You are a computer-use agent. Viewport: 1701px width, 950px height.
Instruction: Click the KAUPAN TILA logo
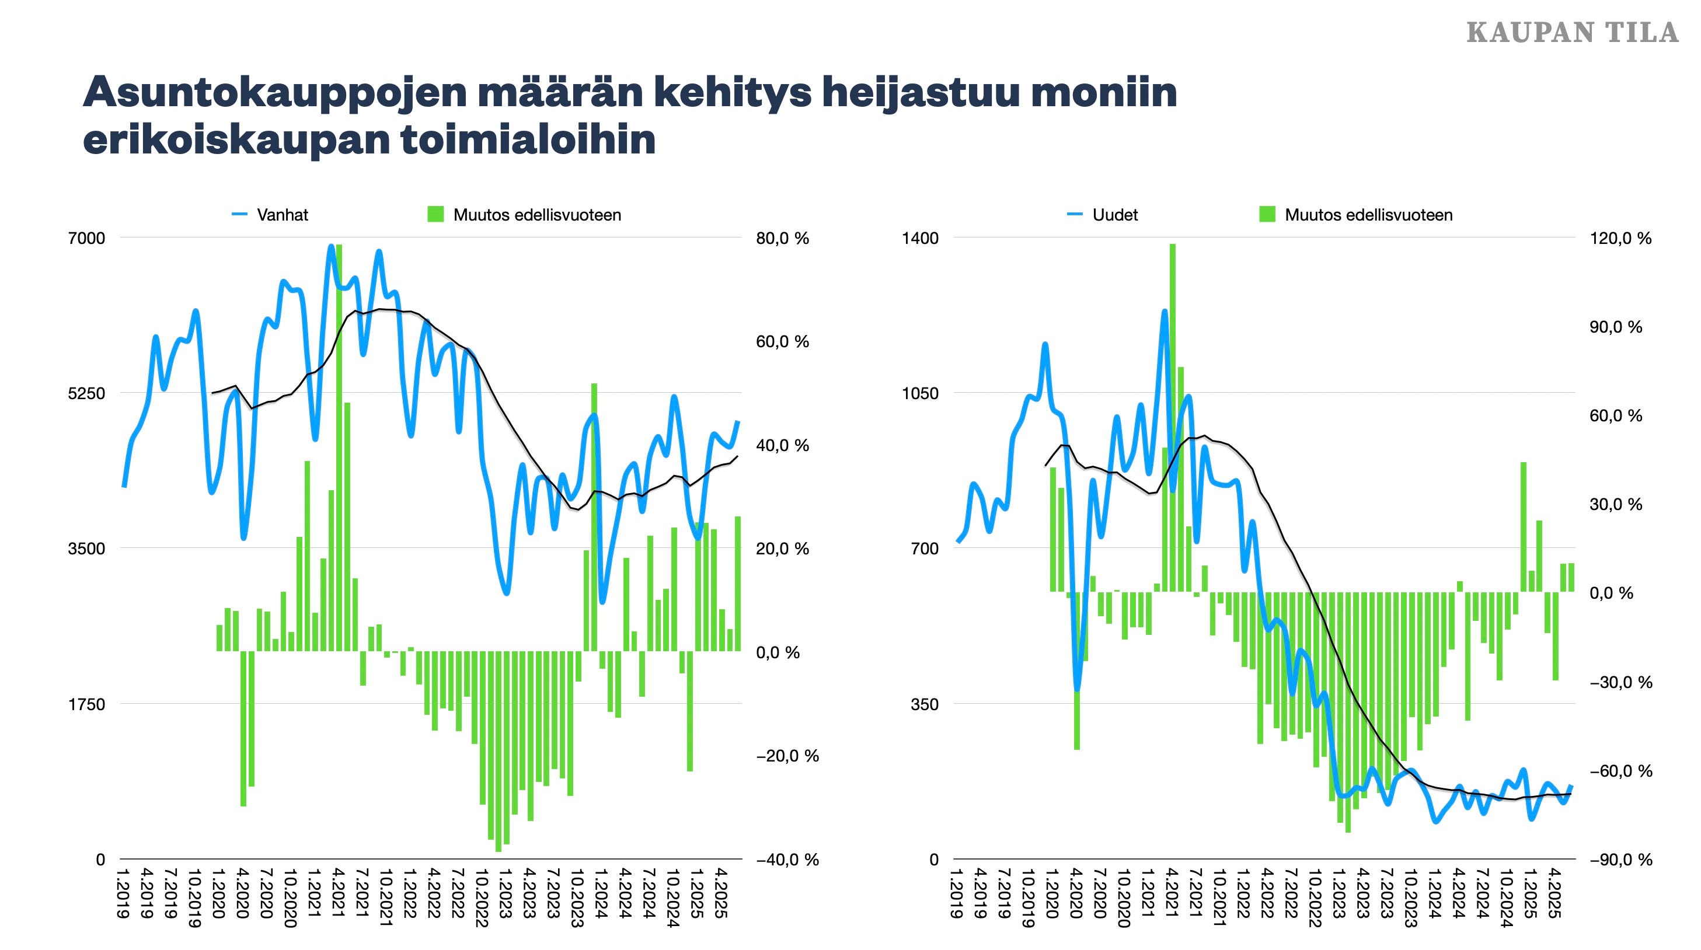point(1571,32)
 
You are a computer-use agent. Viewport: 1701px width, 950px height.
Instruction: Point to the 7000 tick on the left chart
point(86,238)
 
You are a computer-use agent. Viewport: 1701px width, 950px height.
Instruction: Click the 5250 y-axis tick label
point(86,393)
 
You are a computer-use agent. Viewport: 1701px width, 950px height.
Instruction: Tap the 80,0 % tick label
point(782,238)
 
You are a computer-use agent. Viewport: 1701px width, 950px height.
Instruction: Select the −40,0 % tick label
point(786,860)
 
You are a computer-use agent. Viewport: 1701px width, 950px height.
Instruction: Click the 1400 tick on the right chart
point(920,238)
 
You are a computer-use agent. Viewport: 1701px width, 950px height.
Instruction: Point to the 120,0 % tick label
point(1620,238)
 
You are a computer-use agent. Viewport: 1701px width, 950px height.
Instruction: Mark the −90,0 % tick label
point(1620,860)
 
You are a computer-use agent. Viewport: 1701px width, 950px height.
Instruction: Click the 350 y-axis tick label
point(925,704)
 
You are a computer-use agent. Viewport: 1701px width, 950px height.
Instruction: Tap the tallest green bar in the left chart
point(339,449)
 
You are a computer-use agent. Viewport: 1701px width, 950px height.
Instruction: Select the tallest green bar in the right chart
point(1173,416)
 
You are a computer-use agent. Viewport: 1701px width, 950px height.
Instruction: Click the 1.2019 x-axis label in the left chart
point(121,895)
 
